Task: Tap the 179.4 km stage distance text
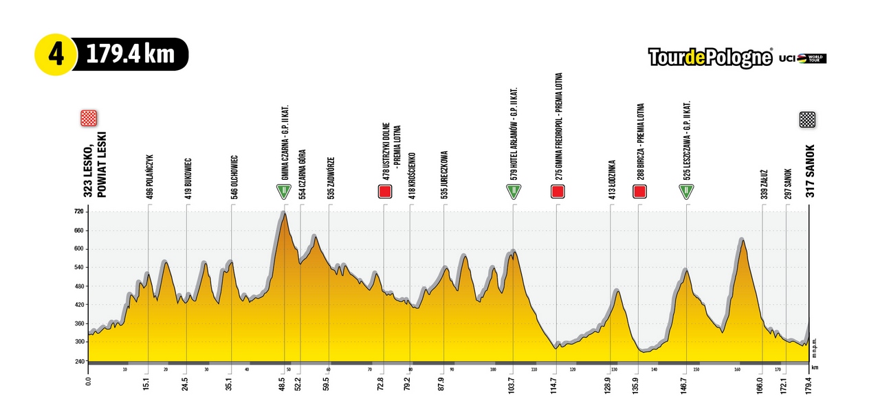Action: click(131, 54)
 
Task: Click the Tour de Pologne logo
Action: click(710, 58)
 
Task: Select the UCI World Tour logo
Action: click(802, 59)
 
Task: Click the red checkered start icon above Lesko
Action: click(89, 118)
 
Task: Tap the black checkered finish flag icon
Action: click(807, 119)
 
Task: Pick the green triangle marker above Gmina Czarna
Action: click(283, 192)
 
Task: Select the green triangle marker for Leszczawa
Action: click(685, 192)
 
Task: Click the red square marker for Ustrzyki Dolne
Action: click(384, 192)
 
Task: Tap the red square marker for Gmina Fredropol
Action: click(558, 192)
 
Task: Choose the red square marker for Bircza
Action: click(639, 192)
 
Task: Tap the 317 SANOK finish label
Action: click(811, 171)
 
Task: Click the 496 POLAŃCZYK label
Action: click(149, 176)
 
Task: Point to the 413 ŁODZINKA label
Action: click(611, 180)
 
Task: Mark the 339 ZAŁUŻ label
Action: click(763, 183)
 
